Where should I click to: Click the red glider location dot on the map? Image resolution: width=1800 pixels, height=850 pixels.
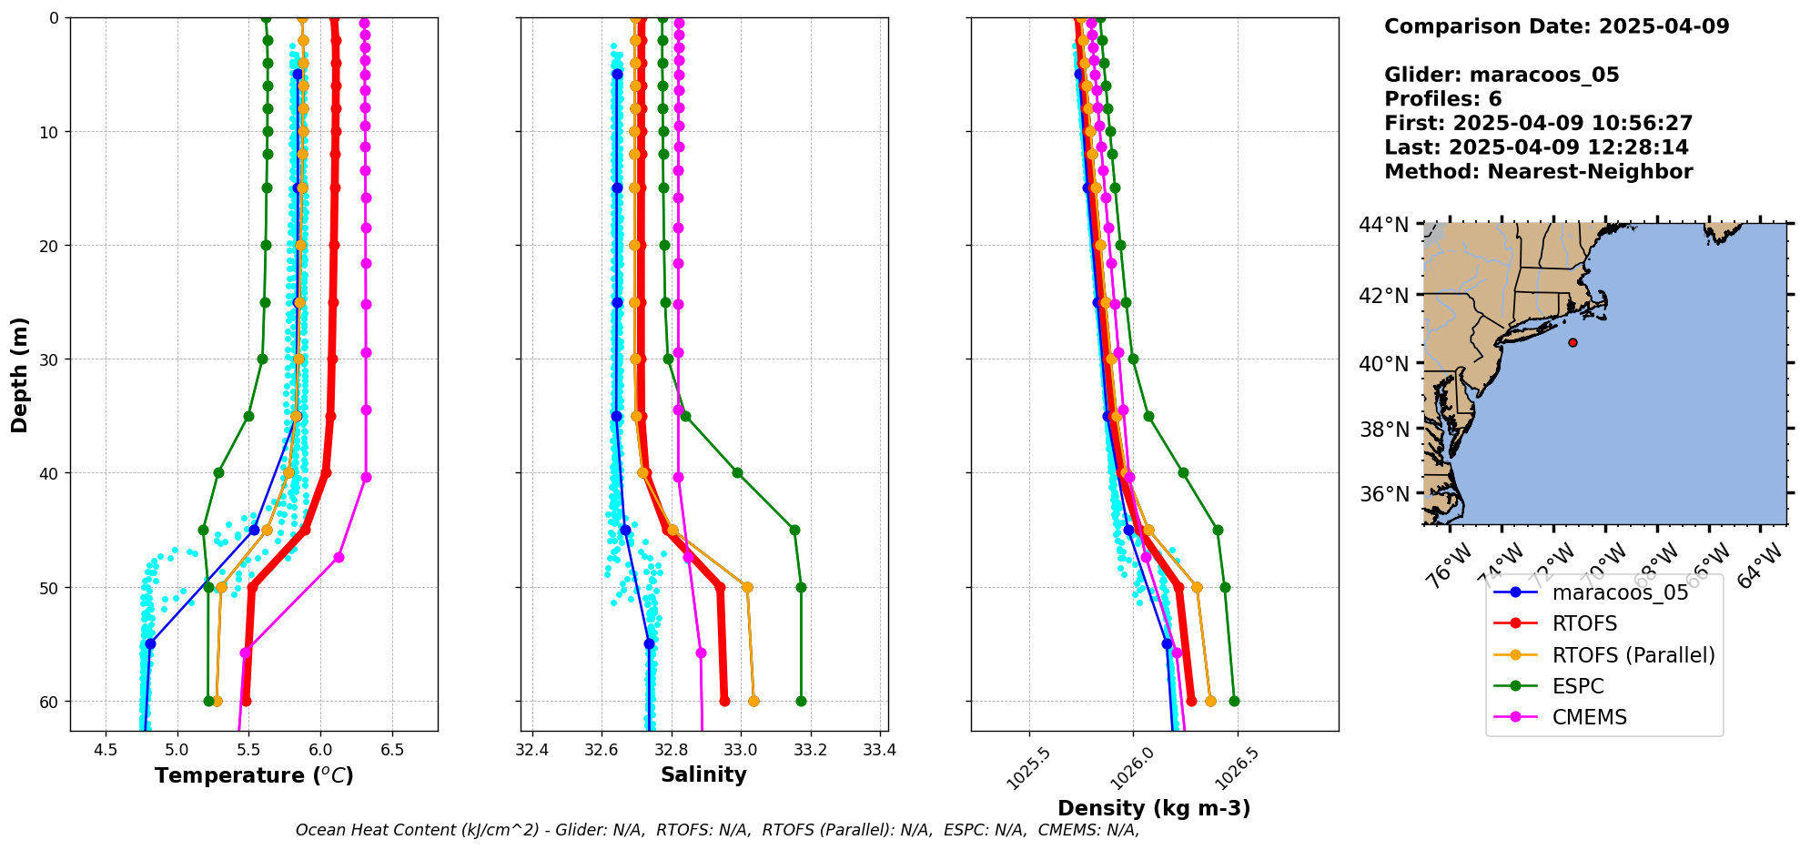[1572, 342]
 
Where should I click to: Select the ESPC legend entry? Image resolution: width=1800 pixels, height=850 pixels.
[1578, 686]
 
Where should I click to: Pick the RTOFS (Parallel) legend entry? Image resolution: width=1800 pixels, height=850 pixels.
[1633, 655]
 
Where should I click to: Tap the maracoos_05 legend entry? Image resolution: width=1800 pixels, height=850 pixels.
[1620, 592]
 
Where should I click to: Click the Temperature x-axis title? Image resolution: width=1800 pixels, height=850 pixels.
[254, 775]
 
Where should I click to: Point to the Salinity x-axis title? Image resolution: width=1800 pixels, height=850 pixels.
[703, 774]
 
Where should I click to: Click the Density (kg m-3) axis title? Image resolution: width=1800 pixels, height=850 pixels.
[1154, 808]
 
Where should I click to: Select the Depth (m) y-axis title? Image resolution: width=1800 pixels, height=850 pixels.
[20, 374]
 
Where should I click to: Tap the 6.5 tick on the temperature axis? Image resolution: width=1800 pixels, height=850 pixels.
[392, 750]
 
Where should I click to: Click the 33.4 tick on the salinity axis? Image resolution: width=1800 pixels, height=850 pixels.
[880, 750]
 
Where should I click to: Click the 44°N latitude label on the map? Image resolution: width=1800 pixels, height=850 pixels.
[1384, 225]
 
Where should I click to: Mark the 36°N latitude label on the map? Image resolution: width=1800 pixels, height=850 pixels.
[1384, 494]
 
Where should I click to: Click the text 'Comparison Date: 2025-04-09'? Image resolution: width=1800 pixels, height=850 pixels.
[1556, 26]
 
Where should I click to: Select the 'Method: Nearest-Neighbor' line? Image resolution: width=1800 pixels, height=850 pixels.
[1538, 172]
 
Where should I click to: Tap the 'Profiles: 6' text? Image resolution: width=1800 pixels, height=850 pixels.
[1442, 99]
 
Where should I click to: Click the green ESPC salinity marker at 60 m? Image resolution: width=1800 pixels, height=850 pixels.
[801, 701]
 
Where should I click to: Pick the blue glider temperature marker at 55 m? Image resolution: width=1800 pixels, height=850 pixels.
[150, 643]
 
